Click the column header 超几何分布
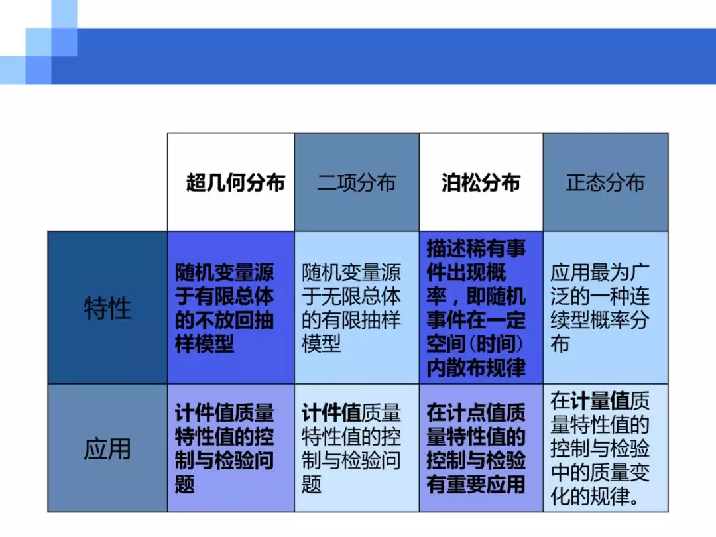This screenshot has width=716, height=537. point(235,183)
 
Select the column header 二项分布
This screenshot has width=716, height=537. point(356,183)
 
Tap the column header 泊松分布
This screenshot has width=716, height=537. point(481,183)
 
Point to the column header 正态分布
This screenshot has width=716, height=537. point(605,183)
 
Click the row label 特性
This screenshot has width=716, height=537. point(107,308)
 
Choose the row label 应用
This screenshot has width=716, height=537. point(107,448)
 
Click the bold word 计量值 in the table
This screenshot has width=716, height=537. point(600,401)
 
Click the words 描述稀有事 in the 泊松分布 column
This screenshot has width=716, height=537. point(476,249)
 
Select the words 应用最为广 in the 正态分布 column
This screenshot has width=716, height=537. point(599,273)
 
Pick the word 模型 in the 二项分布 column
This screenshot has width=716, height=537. point(321,343)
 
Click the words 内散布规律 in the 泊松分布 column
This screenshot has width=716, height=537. point(476,367)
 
